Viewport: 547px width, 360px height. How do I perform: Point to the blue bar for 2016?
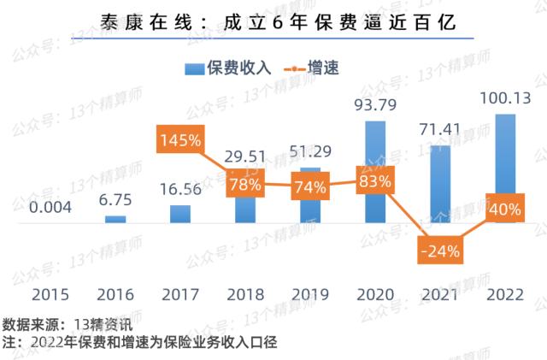pyautogui.click(x=115, y=220)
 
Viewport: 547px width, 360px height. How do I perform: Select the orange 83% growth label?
pyautogui.click(x=375, y=181)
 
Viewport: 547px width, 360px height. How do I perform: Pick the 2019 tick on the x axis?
pyautogui.click(x=309, y=295)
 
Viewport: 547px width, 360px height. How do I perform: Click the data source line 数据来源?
pyautogui.click(x=68, y=324)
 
